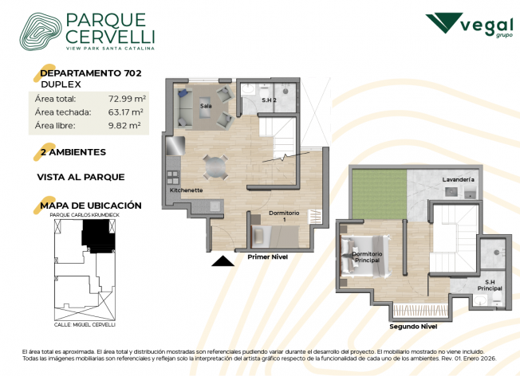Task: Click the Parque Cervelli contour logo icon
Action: (41, 32)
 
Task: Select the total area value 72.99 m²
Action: (127, 99)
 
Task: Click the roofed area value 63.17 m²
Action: (125, 112)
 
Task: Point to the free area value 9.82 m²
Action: (124, 125)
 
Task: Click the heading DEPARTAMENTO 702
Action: (91, 73)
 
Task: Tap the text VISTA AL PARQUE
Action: (81, 177)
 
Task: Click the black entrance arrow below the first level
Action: (223, 261)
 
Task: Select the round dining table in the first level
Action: (215, 167)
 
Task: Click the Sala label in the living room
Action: (206, 106)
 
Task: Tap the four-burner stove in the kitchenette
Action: (173, 177)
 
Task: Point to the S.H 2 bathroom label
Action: (269, 100)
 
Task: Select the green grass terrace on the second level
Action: (380, 194)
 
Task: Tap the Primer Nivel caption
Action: (268, 257)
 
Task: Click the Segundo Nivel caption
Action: (413, 327)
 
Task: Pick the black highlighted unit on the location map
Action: (98, 237)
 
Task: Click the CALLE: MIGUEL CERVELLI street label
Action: (85, 325)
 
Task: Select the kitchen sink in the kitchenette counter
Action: (215, 206)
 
